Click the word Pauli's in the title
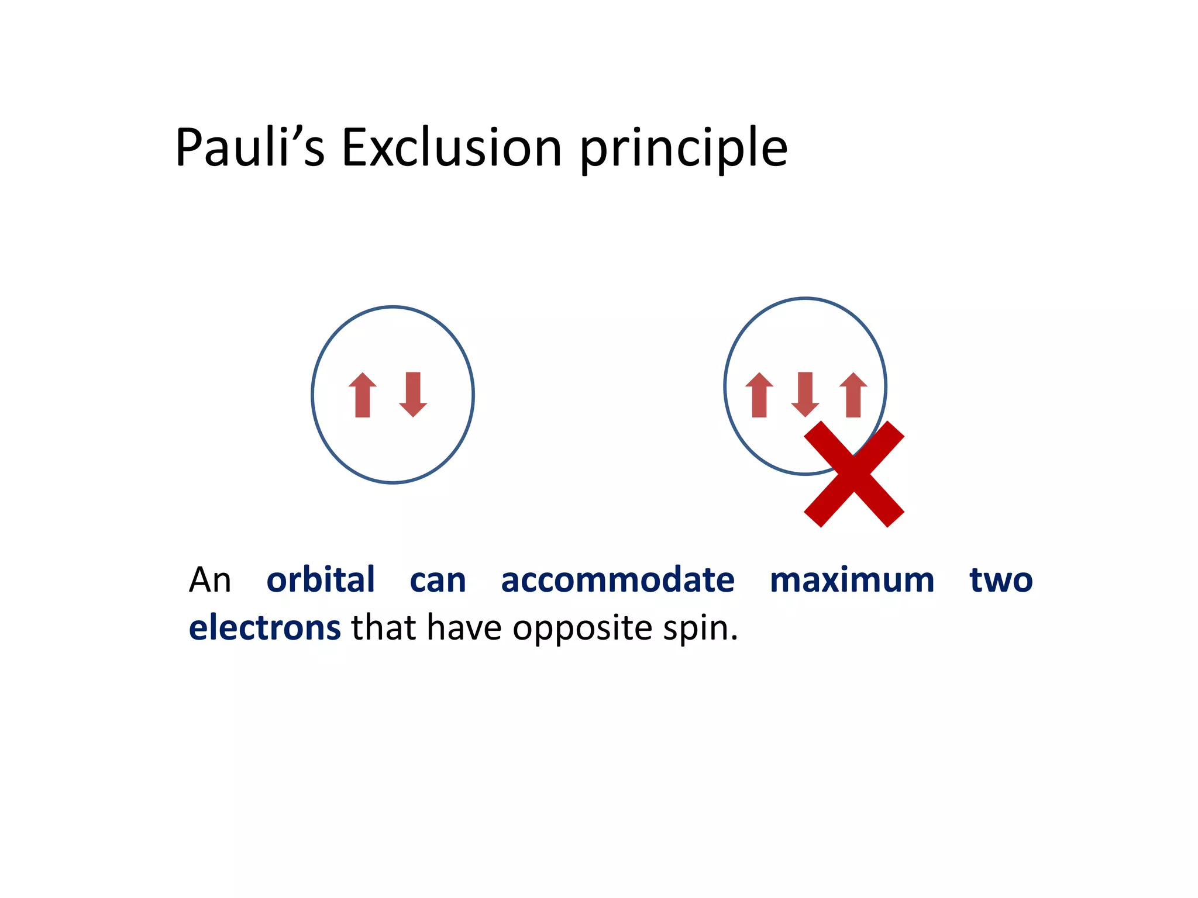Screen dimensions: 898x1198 (250, 147)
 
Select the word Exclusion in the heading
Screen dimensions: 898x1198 (452, 147)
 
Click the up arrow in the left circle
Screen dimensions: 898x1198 (362, 395)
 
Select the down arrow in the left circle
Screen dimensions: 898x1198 (413, 395)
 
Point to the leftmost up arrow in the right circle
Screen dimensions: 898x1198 (759, 395)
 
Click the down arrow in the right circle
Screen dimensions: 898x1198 (805, 395)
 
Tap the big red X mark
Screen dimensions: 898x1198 (854, 474)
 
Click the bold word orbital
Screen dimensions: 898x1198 (321, 580)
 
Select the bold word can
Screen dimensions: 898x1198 (438, 581)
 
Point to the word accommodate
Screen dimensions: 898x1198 (618, 581)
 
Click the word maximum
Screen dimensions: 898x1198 (852, 581)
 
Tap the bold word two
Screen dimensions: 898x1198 (1001, 581)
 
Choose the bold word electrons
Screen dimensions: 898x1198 (265, 628)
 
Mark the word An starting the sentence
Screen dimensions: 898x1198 (210, 581)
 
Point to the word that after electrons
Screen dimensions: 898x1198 (384, 628)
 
